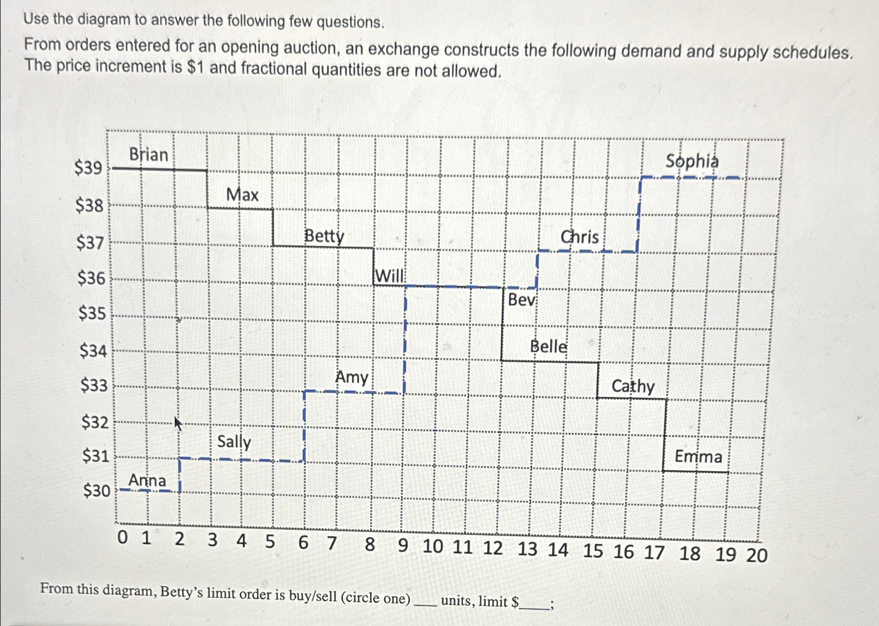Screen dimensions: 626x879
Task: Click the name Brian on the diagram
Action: coord(148,155)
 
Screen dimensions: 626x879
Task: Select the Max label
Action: coord(242,195)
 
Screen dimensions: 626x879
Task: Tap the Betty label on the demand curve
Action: coord(324,236)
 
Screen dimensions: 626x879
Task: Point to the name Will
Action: coord(389,276)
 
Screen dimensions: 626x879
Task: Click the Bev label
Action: coord(521,300)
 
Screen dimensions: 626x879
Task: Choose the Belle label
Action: coord(549,347)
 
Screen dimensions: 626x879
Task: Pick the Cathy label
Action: coord(633,387)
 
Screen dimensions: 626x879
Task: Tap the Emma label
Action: coord(698,457)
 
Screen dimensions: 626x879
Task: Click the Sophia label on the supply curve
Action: coord(692,161)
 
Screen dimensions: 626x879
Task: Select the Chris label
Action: coord(580,237)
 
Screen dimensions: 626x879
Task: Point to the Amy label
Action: coord(351,377)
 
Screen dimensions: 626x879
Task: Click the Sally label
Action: coord(234,441)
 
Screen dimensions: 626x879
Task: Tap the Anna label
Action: coord(147,480)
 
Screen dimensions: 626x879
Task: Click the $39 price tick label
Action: coord(88,168)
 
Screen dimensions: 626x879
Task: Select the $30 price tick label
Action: coord(97,491)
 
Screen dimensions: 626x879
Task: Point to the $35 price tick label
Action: coord(92,314)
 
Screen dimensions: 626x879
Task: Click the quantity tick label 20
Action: coord(756,555)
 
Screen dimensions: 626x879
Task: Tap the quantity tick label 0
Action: coord(122,538)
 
